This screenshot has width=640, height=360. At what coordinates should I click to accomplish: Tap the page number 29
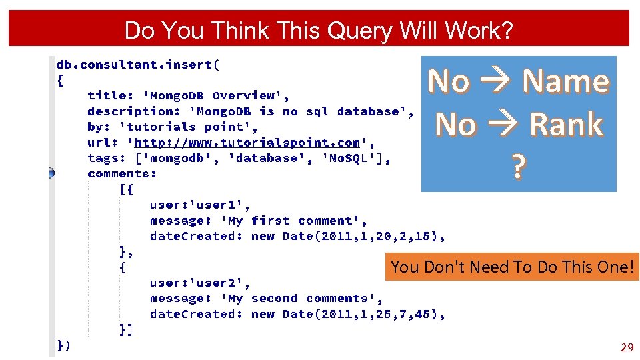coord(627,347)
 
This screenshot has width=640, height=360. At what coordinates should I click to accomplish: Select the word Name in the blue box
coord(565,81)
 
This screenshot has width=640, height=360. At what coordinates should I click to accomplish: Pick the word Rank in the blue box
coord(566,125)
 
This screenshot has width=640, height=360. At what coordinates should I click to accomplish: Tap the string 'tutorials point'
coord(189,127)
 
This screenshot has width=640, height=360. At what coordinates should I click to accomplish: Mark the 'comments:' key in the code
coord(122,173)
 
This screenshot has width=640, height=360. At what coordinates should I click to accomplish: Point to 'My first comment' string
coord(293,221)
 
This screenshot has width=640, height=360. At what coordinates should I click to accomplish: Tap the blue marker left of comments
coord(51,173)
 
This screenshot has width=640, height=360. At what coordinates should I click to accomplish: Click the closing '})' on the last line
coord(63,345)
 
